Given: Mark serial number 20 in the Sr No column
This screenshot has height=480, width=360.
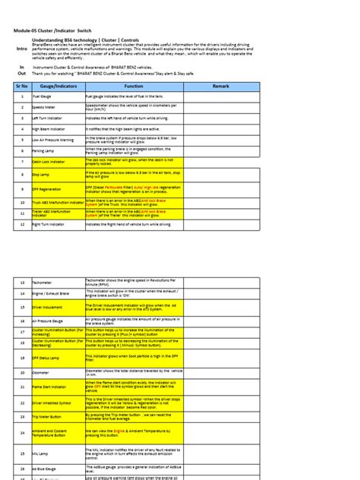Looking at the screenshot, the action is [x=21, y=372].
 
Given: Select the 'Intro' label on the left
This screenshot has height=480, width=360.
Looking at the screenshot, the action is [x=21, y=49].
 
